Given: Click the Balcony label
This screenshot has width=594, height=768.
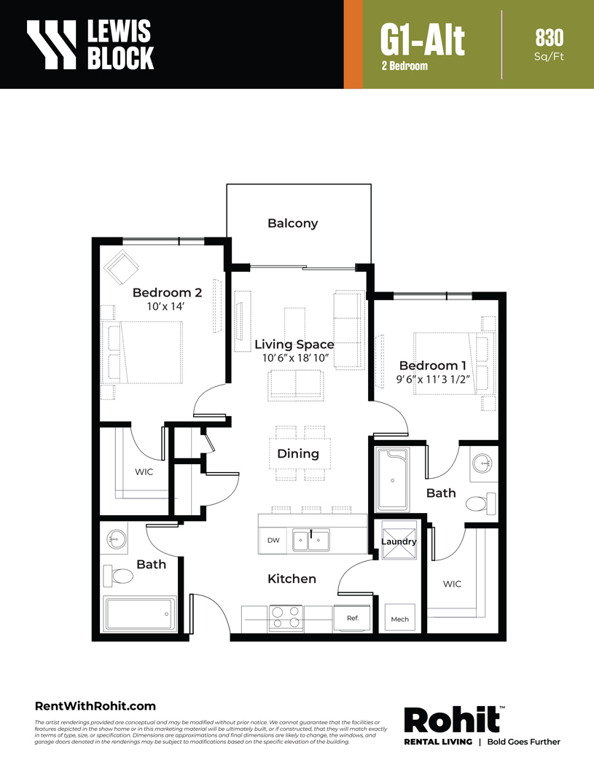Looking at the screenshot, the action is pyautogui.click(x=292, y=224).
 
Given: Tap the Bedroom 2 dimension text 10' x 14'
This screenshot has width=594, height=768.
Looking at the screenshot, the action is pyautogui.click(x=165, y=307).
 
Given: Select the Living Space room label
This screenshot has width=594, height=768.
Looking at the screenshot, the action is pyautogui.click(x=294, y=345).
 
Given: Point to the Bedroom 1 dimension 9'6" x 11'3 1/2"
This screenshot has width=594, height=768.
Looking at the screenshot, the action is pyautogui.click(x=433, y=379).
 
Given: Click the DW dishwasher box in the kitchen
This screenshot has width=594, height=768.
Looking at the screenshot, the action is pyautogui.click(x=273, y=540).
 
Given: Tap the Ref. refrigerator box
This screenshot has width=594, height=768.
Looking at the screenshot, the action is pyautogui.click(x=353, y=618).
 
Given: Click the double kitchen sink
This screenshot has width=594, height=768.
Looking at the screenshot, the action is pyautogui.click(x=311, y=540).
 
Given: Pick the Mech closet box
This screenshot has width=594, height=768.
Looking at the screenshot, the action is pyautogui.click(x=400, y=619).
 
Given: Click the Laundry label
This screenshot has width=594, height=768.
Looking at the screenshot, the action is pyautogui.click(x=399, y=541).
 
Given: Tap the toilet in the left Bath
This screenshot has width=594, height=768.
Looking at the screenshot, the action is pyautogui.click(x=117, y=576).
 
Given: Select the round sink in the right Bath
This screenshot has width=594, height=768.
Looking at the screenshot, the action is pyautogui.click(x=482, y=463).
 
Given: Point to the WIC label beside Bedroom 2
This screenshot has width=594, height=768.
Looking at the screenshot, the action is pyautogui.click(x=144, y=471).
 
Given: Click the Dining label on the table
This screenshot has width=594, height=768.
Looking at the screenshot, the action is pyautogui.click(x=298, y=453).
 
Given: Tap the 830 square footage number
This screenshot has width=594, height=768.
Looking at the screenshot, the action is pyautogui.click(x=549, y=38).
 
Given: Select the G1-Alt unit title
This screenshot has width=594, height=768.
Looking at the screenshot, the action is pyautogui.click(x=423, y=40).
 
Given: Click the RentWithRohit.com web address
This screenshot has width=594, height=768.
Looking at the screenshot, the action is pyautogui.click(x=95, y=706).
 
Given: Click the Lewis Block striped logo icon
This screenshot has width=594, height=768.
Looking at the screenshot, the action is pyautogui.click(x=52, y=44).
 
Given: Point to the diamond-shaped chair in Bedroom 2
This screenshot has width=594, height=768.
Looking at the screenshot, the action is pyautogui.click(x=122, y=267).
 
